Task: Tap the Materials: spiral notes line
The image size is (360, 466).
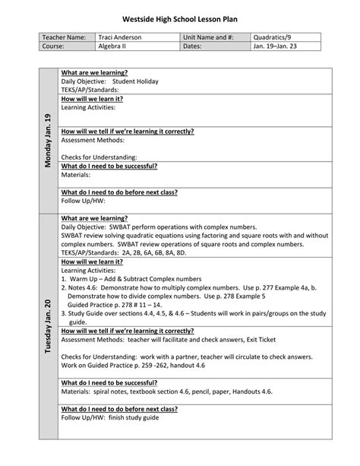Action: coord(166,392)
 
